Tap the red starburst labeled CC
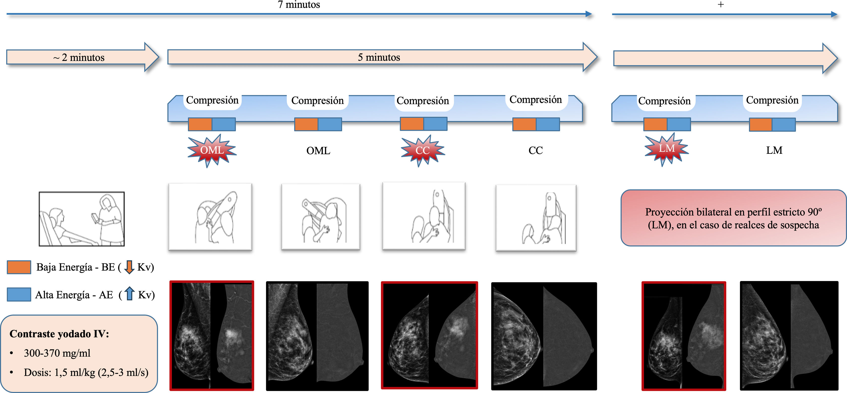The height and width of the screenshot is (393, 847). (423, 151)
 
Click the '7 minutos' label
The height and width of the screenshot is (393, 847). (298, 5)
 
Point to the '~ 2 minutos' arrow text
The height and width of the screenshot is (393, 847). (79, 57)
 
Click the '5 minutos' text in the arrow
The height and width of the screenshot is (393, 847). (379, 57)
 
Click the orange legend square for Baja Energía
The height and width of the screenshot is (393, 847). (19, 267)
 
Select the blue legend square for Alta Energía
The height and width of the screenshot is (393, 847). (19, 294)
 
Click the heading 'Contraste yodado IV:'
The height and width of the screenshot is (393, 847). (59, 334)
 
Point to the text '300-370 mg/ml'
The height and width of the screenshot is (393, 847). (57, 353)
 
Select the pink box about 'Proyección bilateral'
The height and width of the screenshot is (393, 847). (733, 218)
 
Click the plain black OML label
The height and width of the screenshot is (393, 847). (318, 151)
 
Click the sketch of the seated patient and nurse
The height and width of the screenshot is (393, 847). (82, 219)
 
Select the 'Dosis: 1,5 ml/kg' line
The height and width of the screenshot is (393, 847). (86, 373)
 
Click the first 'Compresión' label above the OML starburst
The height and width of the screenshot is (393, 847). (212, 100)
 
